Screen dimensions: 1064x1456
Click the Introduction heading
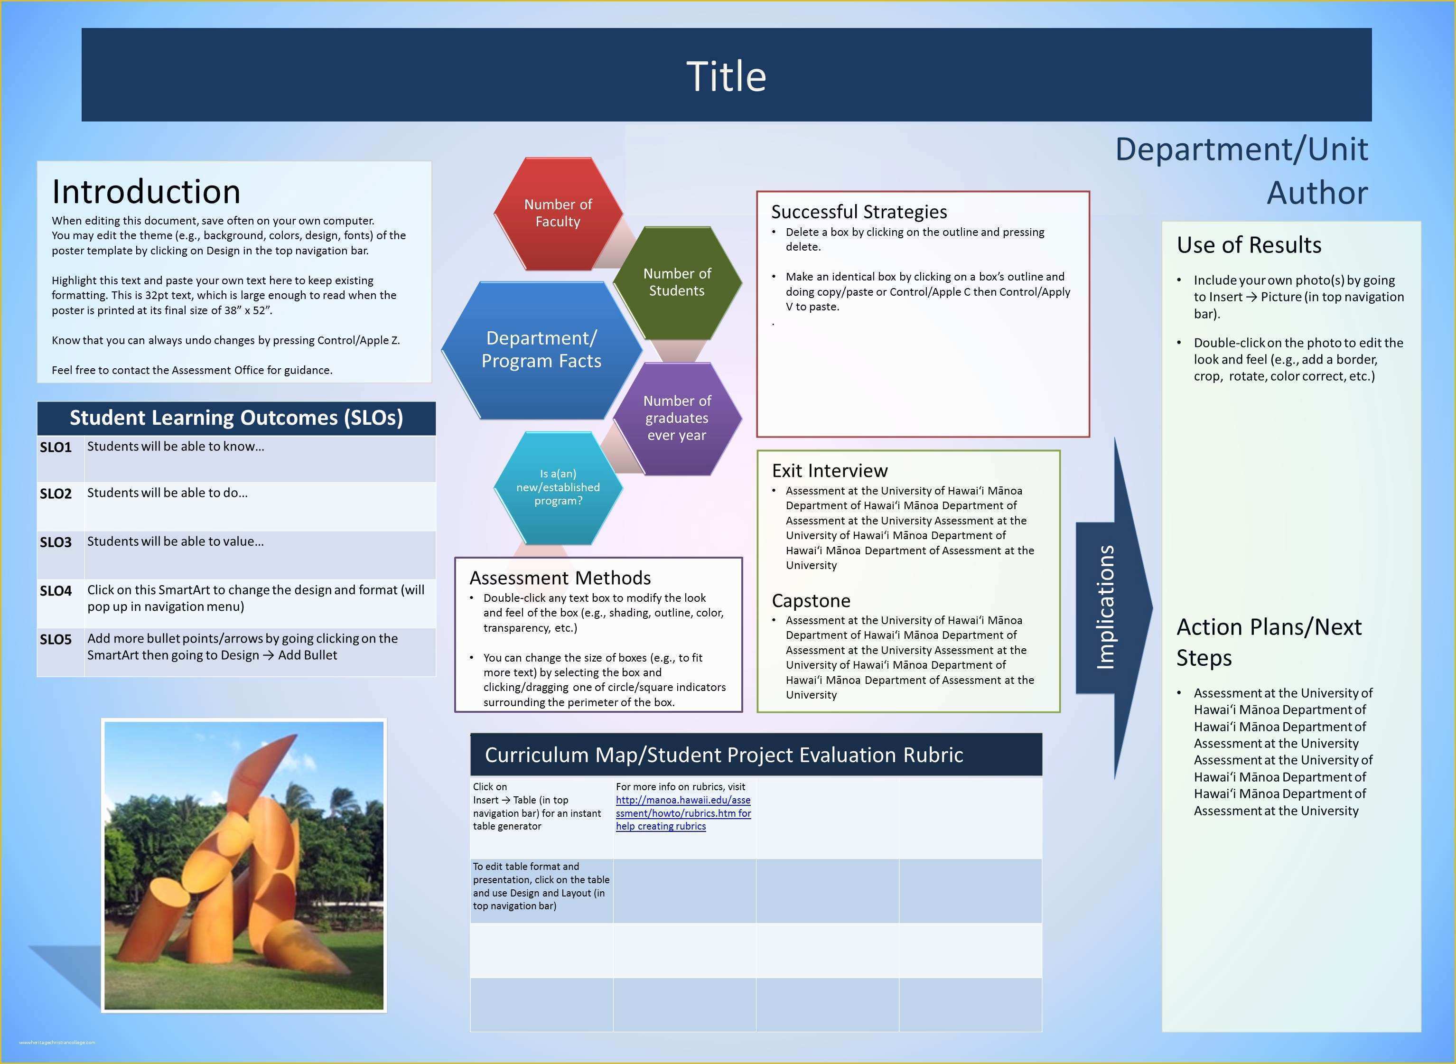pyautogui.click(x=146, y=191)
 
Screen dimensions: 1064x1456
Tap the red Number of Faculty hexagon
pyautogui.click(x=558, y=213)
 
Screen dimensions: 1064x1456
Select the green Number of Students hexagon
pyautogui.click(x=677, y=282)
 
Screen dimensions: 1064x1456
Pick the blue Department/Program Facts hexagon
pyautogui.click(x=541, y=350)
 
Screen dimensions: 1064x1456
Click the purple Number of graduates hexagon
pyautogui.click(x=677, y=418)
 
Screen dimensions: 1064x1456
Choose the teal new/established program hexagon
pyautogui.click(x=558, y=487)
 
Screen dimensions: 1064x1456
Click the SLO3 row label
pyautogui.click(x=56, y=542)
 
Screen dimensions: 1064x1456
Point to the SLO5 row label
pyautogui.click(x=56, y=640)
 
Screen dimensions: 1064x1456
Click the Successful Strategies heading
pyautogui.click(x=859, y=212)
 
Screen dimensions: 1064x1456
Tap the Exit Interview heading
pyautogui.click(x=830, y=471)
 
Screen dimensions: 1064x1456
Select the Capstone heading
pyautogui.click(x=811, y=601)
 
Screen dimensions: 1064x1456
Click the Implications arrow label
pyautogui.click(x=1105, y=607)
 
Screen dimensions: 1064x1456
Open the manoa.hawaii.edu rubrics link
pyautogui.click(x=682, y=807)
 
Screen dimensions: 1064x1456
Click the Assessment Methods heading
pyautogui.click(x=560, y=578)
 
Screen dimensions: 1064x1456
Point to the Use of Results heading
pyautogui.click(x=1249, y=245)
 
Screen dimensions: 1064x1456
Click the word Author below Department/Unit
pyautogui.click(x=1317, y=193)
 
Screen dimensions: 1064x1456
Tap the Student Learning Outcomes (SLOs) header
pyautogui.click(x=236, y=418)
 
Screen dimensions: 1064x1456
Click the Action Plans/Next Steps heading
pyautogui.click(x=1268, y=642)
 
